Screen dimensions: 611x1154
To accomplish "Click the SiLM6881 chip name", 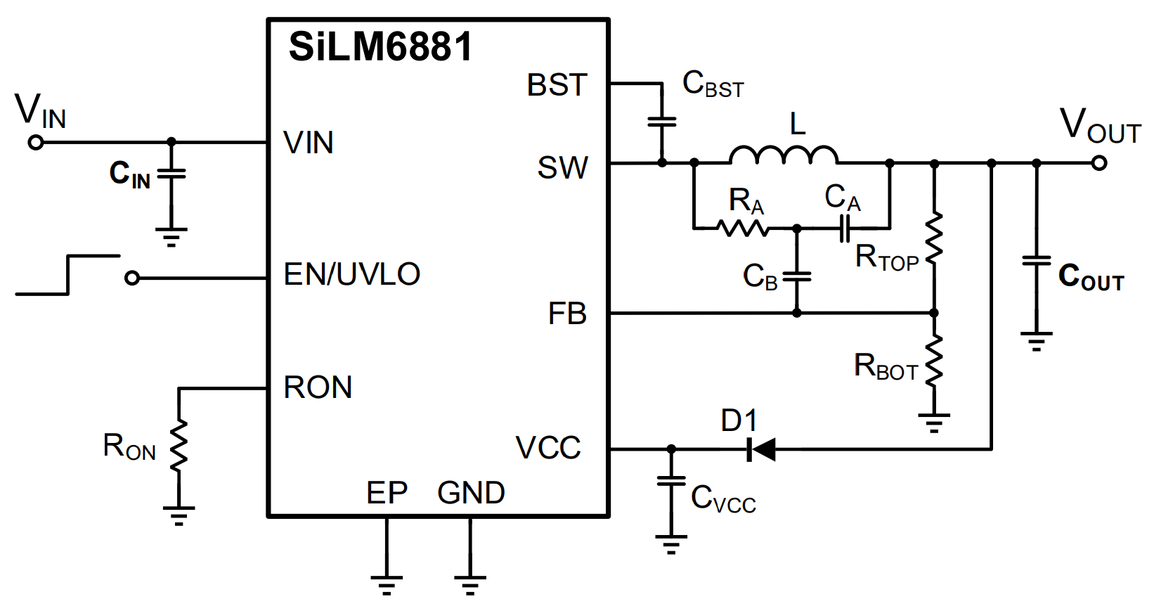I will pyautogui.click(x=380, y=48).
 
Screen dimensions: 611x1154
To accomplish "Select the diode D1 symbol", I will pyautogui.click(x=761, y=449).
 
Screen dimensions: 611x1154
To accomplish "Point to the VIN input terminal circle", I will pyautogui.click(x=36, y=143).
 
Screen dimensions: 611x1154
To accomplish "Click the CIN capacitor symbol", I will pyautogui.click(x=171, y=173).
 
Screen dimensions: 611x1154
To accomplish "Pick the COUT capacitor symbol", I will pyautogui.click(x=1037, y=262).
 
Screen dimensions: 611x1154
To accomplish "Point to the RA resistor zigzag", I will pyautogui.click(x=743, y=228).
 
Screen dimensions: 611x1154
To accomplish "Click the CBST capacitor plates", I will pyautogui.click(x=662, y=122).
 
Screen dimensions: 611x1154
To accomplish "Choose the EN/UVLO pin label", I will pyautogui.click(x=351, y=274).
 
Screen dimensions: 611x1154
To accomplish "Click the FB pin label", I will pyautogui.click(x=567, y=314).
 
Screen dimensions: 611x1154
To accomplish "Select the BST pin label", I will pyautogui.click(x=557, y=85).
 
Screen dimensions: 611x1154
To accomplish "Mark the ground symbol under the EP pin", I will pyautogui.click(x=387, y=584).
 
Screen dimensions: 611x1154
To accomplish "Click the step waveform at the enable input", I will pyautogui.click(x=67, y=275).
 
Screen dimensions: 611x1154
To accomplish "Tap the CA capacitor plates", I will pyautogui.click(x=845, y=228).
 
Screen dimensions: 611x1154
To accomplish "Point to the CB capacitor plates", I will pyautogui.click(x=797, y=276).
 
